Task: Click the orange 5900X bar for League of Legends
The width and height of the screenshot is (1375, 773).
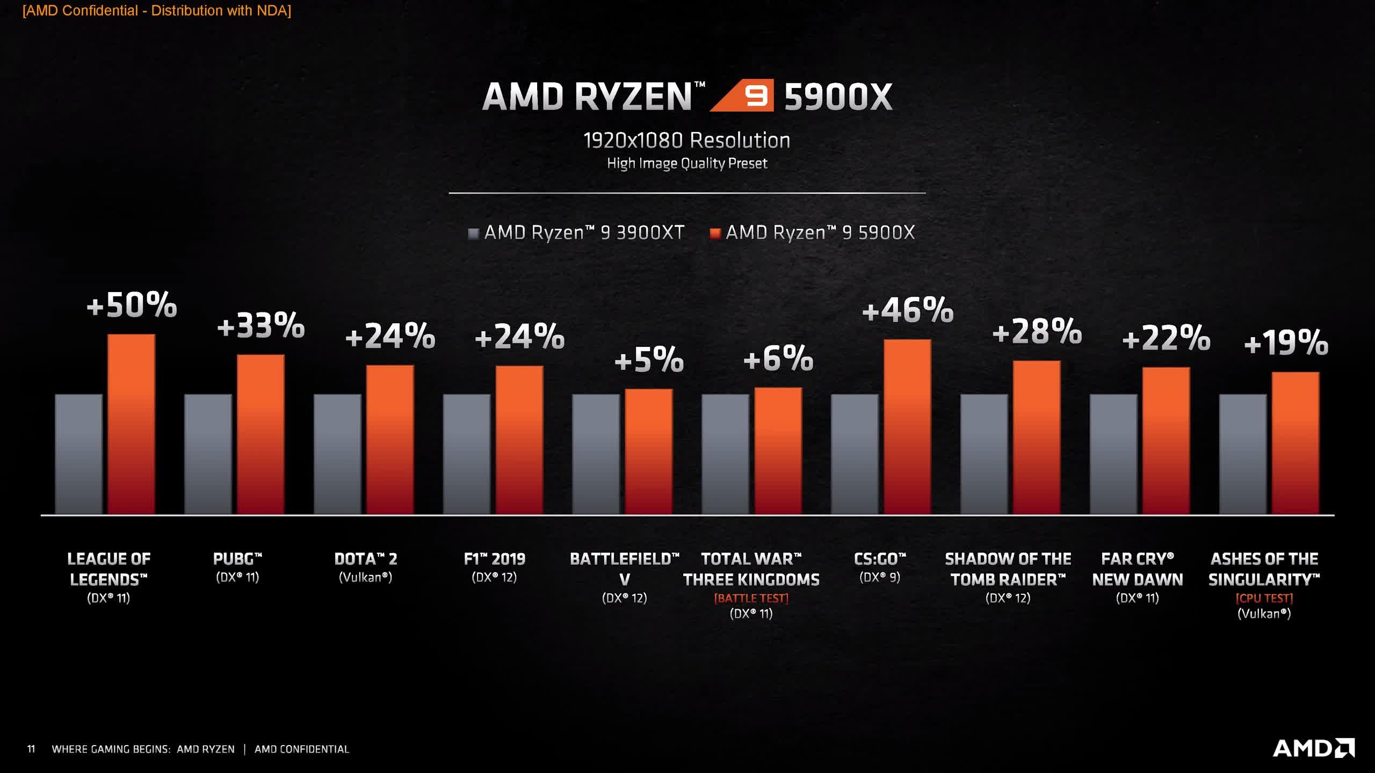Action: pyautogui.click(x=131, y=424)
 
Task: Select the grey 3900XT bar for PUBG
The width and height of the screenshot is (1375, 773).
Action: pyautogui.click(x=208, y=454)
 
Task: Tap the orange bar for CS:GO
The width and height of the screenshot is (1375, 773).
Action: pyautogui.click(x=907, y=427)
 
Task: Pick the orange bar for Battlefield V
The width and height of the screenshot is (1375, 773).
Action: pyautogui.click(x=648, y=451)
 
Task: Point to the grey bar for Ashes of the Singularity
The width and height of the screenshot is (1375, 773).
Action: pyautogui.click(x=1242, y=454)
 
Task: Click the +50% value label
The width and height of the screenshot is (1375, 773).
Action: pyautogui.click(x=132, y=305)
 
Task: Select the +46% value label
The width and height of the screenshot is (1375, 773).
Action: pyautogui.click(x=907, y=310)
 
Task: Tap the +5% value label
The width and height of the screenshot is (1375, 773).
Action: pyautogui.click(x=649, y=359)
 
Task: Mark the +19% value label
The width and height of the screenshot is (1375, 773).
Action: pyautogui.click(x=1286, y=342)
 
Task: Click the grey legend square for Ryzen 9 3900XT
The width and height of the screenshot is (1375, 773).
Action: pyautogui.click(x=473, y=234)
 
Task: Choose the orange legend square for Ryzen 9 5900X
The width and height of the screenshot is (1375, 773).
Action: pyautogui.click(x=715, y=234)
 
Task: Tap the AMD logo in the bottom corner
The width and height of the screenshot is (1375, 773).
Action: pyautogui.click(x=1313, y=748)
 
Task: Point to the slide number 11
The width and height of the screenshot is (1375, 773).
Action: pyautogui.click(x=31, y=749)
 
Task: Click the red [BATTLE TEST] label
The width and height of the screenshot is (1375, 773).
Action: pyautogui.click(x=751, y=598)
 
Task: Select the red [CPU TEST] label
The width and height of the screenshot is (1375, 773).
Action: pyautogui.click(x=1264, y=598)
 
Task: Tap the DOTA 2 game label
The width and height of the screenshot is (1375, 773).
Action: pyautogui.click(x=365, y=559)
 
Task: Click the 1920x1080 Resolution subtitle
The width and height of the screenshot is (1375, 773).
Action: pyautogui.click(x=687, y=141)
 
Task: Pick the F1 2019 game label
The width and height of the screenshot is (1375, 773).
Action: pyautogui.click(x=494, y=559)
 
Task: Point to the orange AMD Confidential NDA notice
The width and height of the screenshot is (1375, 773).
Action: pyautogui.click(x=157, y=11)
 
